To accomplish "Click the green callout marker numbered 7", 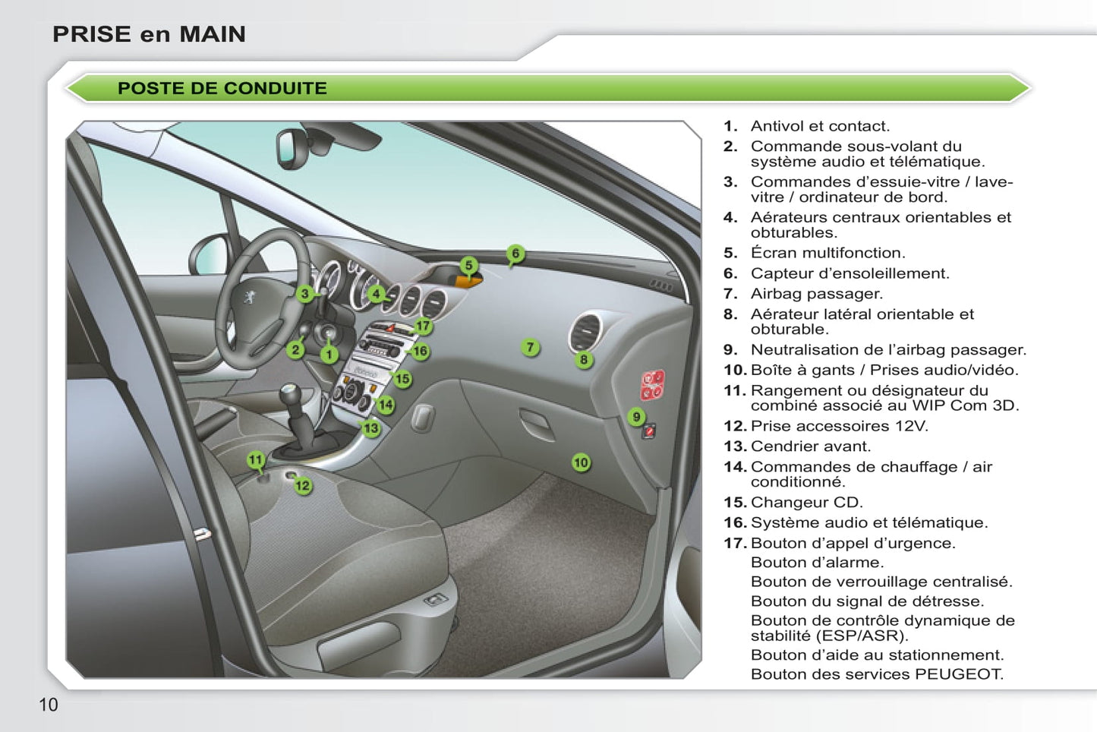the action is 530,347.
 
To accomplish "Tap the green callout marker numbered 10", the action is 581,462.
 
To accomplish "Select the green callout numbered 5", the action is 468,266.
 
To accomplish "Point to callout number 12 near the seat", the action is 303,485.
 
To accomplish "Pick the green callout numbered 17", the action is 423,326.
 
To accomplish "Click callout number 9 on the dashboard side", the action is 636,417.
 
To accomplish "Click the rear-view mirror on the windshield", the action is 292,150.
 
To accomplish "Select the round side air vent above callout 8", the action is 585,332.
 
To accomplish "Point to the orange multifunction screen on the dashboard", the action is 468,281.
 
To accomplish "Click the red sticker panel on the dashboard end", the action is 653,385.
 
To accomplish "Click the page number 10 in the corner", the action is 48,705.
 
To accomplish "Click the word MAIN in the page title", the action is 213,34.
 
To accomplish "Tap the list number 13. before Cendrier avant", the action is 736,446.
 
